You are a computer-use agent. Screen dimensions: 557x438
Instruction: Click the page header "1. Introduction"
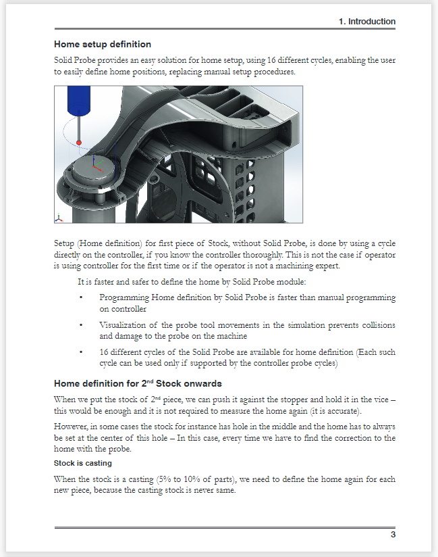point(366,22)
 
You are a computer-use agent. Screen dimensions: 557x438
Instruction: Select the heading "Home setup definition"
point(103,45)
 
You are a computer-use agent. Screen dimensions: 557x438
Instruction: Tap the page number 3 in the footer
point(392,535)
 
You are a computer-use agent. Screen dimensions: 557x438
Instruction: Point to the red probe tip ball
point(79,143)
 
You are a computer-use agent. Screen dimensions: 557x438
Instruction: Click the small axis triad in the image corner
point(59,218)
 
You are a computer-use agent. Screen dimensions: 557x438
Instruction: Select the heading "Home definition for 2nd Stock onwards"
point(138,383)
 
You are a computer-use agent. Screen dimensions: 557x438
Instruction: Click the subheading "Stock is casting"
point(83,464)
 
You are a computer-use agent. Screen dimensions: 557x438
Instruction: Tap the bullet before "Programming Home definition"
point(81,297)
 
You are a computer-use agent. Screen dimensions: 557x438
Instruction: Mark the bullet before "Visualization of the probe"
point(81,325)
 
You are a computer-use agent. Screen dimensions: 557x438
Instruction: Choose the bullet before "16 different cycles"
point(81,353)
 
